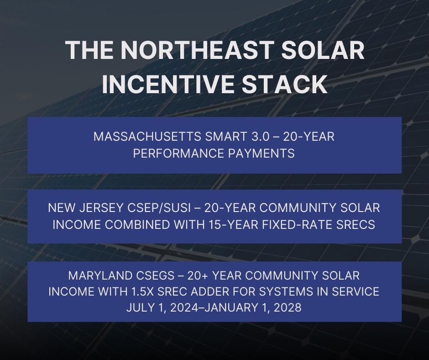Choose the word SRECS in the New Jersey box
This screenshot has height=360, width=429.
pos(359,225)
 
